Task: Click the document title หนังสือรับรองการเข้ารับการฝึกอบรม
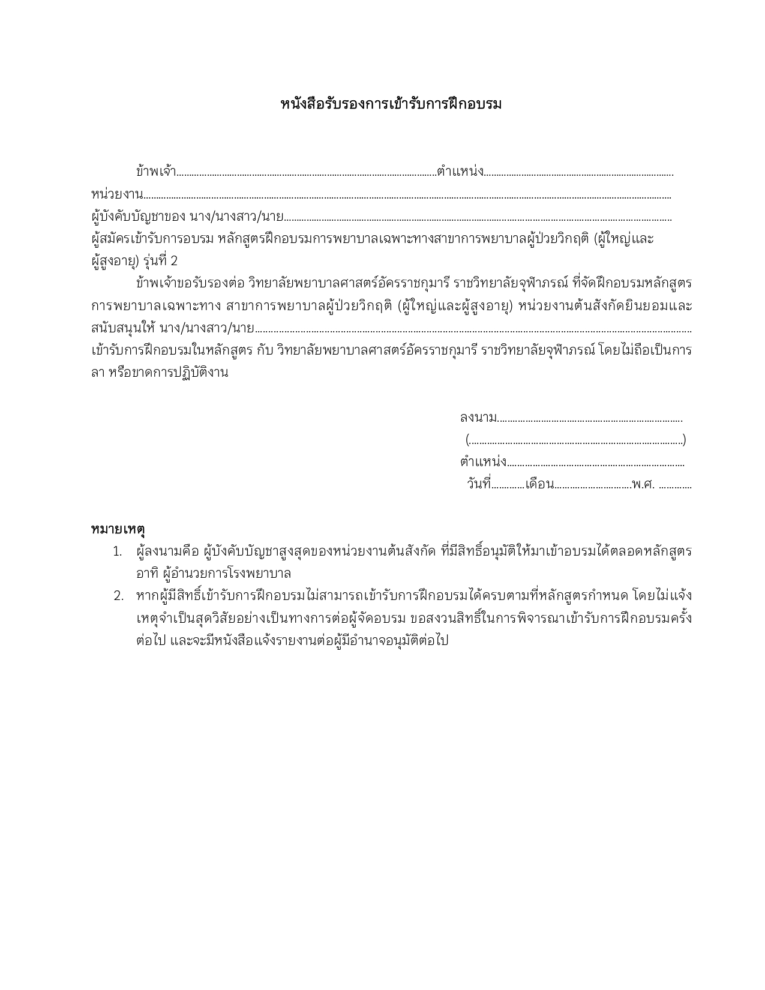click(391, 104)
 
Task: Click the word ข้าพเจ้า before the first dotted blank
click(155, 172)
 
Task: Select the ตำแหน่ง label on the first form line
click(460, 172)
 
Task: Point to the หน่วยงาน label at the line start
click(116, 194)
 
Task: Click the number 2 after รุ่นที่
click(174, 262)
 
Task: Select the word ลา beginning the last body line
click(97, 373)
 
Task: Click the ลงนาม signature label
click(478, 418)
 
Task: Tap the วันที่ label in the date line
click(479, 484)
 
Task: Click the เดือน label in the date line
click(539, 484)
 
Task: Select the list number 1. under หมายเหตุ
click(118, 551)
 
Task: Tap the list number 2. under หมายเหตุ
click(118, 596)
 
